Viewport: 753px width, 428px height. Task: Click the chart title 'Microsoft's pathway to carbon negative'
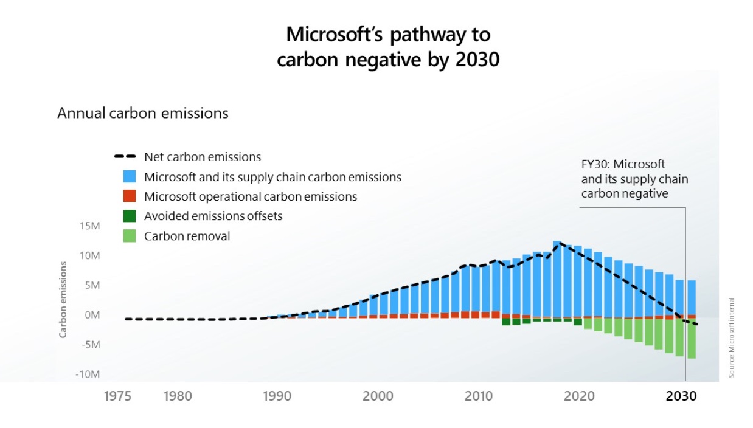(x=387, y=46)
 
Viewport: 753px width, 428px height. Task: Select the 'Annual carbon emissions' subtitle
(x=143, y=113)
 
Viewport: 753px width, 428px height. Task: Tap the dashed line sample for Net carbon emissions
(x=127, y=157)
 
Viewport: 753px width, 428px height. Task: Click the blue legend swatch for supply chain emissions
(x=130, y=177)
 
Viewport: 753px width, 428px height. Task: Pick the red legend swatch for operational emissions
(x=130, y=196)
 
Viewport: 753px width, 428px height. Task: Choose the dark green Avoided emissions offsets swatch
(x=130, y=216)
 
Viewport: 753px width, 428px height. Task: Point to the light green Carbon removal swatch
(x=130, y=236)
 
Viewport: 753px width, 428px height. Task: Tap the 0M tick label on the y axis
(x=91, y=315)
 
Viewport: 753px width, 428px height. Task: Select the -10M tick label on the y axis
(x=88, y=374)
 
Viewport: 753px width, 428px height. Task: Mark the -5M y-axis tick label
(x=89, y=344)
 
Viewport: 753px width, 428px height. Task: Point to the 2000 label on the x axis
(x=378, y=396)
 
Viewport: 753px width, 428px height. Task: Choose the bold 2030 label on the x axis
(x=681, y=396)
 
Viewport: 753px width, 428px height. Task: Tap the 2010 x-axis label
(x=479, y=396)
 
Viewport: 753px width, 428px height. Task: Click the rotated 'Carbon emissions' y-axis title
(x=63, y=300)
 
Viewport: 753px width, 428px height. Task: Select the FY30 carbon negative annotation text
(x=634, y=179)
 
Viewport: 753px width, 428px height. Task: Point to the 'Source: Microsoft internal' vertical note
(x=732, y=337)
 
